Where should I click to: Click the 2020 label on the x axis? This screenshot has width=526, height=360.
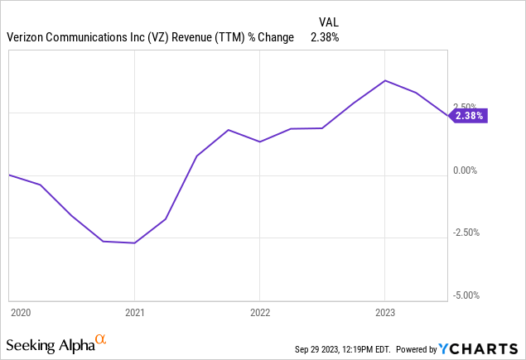coord(20,313)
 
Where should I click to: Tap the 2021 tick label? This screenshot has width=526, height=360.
coord(134,313)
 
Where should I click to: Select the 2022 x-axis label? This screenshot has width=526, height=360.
coord(259,313)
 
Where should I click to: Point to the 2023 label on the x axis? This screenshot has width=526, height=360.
coord(384,313)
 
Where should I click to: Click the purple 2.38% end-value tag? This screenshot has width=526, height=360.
coord(469,117)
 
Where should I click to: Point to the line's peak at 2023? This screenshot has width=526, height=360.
coord(384,80)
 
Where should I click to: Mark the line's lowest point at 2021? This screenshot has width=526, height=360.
coord(134,242)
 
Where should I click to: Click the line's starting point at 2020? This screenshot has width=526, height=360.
coord(9,175)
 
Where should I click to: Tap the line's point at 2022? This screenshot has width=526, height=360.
coord(259,142)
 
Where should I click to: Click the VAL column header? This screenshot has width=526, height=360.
coord(329,22)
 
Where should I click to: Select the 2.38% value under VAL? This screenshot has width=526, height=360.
coord(325,36)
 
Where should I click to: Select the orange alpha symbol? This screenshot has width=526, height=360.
coord(100,339)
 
